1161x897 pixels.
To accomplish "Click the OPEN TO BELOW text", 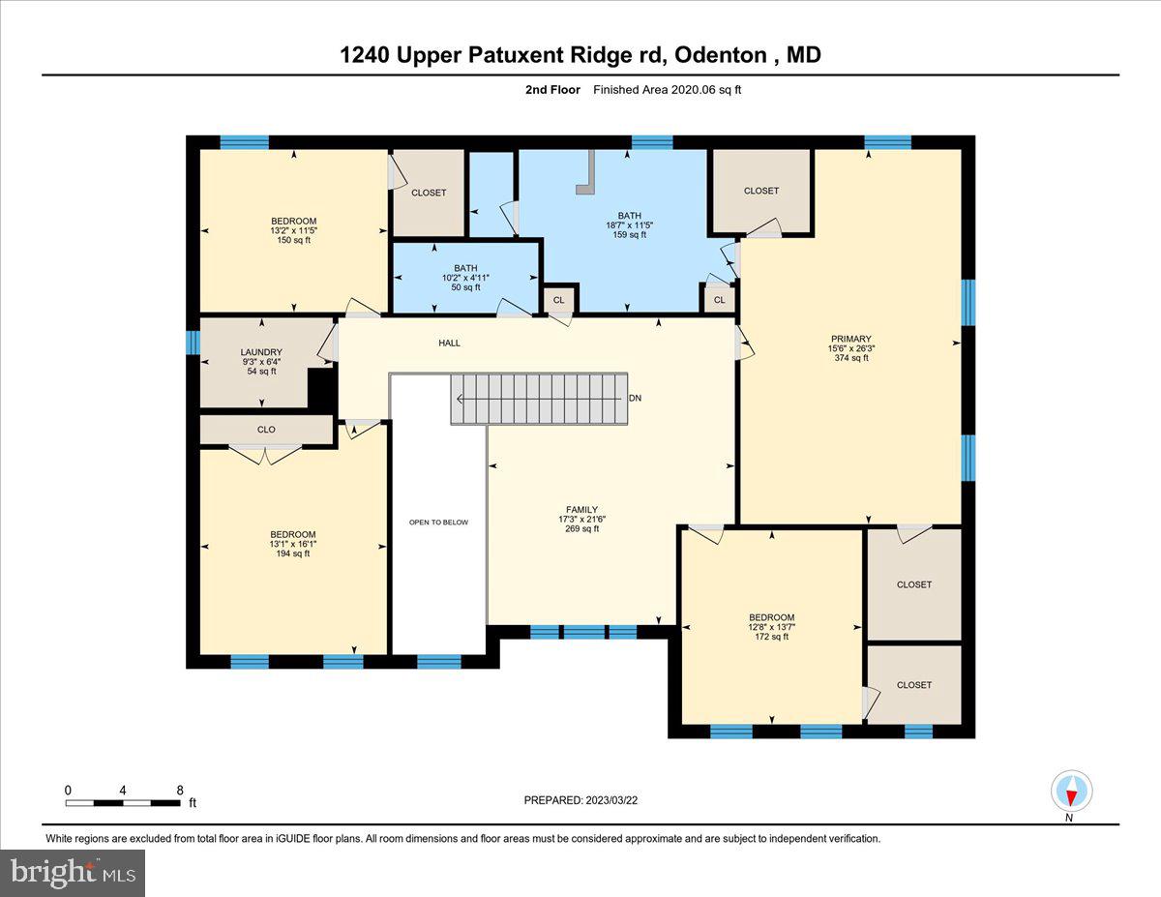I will (438, 523).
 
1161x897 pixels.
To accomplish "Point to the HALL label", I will (449, 343).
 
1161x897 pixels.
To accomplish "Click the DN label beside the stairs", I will (635, 398).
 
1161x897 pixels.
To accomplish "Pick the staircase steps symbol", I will (539, 399).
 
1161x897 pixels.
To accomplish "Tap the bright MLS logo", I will (74, 873).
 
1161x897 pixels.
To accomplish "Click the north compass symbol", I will (1071, 792).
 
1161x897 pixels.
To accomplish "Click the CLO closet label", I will (266, 430).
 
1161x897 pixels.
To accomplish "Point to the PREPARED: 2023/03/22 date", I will (580, 800).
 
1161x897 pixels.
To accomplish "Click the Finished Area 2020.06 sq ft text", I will (667, 90).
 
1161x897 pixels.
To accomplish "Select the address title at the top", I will (580, 55).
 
